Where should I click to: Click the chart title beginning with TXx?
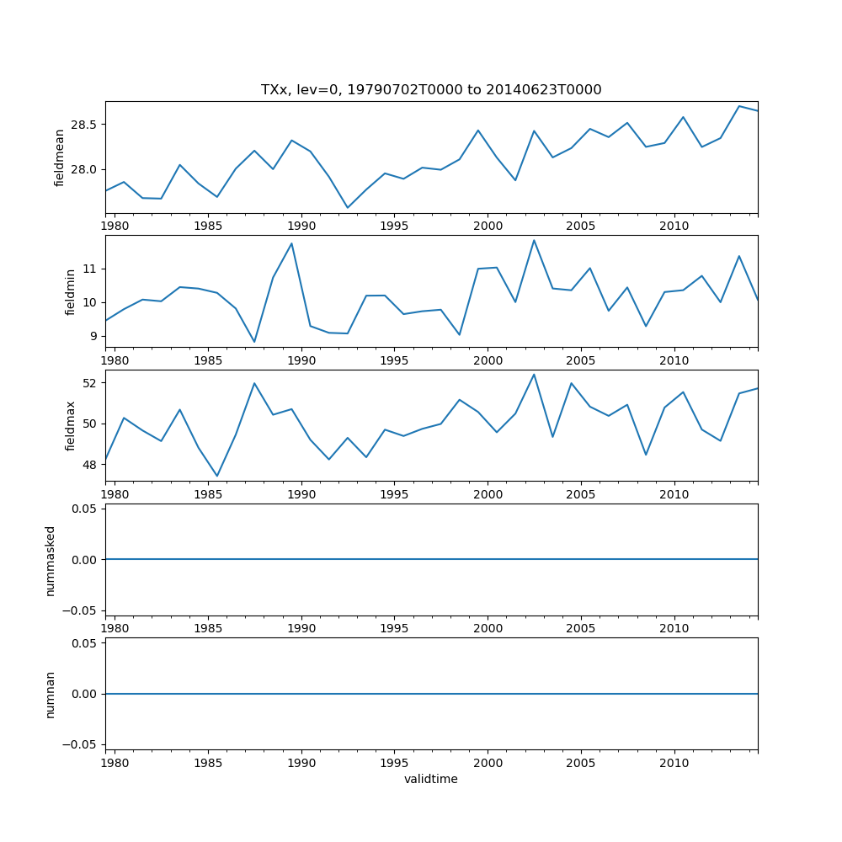431,90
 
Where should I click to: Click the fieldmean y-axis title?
60,157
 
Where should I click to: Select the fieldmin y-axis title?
71,291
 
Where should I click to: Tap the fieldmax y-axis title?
71,425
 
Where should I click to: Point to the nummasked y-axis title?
50,560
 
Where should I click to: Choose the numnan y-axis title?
50,694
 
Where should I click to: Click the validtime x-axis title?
431,779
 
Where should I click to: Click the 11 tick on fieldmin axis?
92,269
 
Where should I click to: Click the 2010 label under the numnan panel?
674,762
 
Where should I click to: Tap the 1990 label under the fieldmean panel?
301,226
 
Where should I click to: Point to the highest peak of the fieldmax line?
534,374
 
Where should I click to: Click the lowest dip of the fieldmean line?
348,207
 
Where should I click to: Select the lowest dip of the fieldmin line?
254,342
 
